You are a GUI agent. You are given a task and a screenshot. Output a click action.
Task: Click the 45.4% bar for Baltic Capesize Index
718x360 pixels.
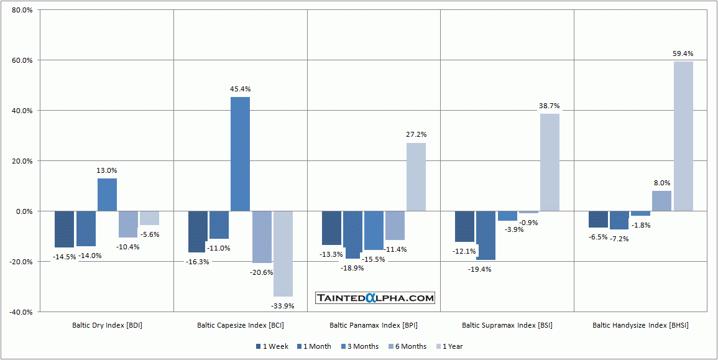click(x=240, y=154)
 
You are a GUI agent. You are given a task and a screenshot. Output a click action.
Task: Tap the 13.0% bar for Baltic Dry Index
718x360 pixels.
click(x=107, y=195)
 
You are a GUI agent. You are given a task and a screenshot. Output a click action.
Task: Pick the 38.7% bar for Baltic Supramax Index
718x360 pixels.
click(x=550, y=162)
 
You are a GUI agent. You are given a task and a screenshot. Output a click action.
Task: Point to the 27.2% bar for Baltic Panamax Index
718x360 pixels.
click(x=416, y=177)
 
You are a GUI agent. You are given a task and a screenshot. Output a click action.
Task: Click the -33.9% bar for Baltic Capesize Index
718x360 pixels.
click(x=283, y=254)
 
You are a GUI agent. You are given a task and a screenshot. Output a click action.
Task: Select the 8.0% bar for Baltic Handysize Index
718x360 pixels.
click(x=661, y=201)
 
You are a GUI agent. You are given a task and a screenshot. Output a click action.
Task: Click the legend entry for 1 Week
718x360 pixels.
click(x=272, y=346)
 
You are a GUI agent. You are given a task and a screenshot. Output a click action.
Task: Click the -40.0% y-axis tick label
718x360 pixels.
click(x=22, y=312)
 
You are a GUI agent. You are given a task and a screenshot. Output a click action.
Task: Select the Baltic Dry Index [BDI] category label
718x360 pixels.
click(x=107, y=325)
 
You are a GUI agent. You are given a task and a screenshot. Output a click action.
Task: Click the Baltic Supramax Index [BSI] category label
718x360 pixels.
click(x=507, y=325)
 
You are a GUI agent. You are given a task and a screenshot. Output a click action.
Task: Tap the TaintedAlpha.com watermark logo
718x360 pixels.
click(x=375, y=298)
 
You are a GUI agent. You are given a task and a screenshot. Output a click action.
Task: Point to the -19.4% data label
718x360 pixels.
click(x=480, y=269)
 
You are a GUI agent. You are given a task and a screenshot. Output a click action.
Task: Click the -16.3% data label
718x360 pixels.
click(x=197, y=262)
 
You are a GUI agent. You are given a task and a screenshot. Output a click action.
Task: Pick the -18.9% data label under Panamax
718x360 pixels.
click(x=352, y=268)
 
